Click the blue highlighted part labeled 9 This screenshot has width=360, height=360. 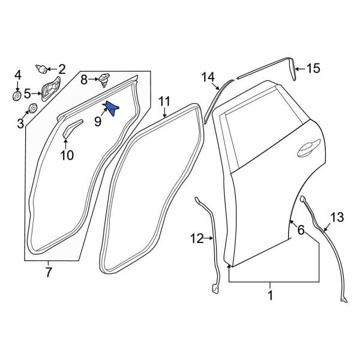tap(111, 109)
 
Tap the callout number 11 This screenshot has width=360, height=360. tap(164, 102)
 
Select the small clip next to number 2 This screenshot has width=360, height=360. tap(41, 69)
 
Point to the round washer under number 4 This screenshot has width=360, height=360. tap(17, 95)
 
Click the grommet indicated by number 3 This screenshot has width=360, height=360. tap(32, 108)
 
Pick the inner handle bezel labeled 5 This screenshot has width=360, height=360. tap(50, 89)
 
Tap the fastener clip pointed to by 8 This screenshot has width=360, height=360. tap(104, 80)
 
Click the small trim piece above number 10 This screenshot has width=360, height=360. tap(72, 128)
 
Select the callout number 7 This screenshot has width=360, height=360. tap(48, 272)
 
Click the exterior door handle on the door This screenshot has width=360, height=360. tap(309, 148)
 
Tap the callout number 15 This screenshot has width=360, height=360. tap(313, 68)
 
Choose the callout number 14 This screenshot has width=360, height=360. tap(208, 77)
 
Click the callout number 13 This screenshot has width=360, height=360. tap(337, 217)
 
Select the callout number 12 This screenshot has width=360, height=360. tap(197, 239)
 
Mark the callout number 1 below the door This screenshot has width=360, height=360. tap(270, 295)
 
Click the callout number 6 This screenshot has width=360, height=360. tap(301, 230)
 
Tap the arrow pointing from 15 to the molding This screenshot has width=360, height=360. tap(301, 68)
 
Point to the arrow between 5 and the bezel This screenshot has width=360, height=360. tap(37, 94)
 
